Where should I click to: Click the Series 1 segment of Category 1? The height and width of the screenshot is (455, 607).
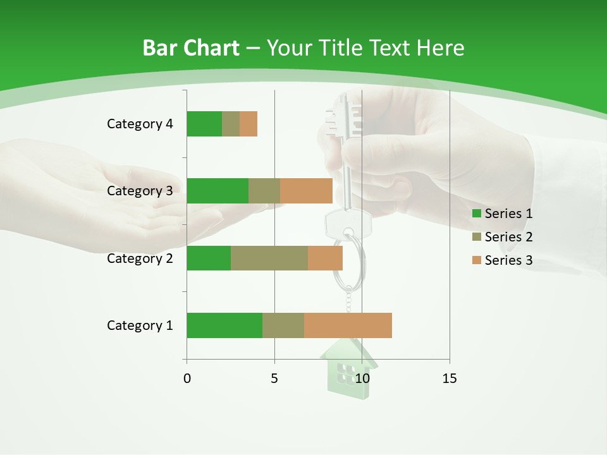point(224,325)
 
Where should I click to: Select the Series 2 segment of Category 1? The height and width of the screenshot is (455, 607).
point(283,325)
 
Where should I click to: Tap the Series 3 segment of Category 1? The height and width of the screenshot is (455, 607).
point(348,325)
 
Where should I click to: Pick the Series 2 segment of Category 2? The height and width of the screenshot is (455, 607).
point(269,258)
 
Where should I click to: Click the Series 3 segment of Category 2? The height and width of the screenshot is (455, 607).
point(325,258)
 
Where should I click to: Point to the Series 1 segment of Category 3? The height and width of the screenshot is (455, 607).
point(218,191)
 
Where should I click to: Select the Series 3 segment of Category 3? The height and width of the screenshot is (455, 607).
point(306,191)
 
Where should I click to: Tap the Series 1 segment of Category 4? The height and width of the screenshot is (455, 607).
point(204,124)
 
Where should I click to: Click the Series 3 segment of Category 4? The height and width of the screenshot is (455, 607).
point(248,124)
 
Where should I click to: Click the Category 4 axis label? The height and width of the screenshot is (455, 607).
point(140,124)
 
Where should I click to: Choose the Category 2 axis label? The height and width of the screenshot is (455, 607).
point(140,258)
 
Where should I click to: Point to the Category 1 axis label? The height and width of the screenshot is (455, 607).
point(140,325)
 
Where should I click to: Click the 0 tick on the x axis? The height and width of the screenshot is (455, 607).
point(187,379)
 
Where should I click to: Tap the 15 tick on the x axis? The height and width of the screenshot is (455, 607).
point(450,379)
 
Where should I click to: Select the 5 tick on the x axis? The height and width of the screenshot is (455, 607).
point(274,379)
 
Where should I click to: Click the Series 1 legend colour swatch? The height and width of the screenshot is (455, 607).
point(476,214)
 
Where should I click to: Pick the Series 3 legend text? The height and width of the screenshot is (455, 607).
point(508,260)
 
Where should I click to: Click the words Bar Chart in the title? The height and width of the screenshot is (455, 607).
point(191,48)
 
